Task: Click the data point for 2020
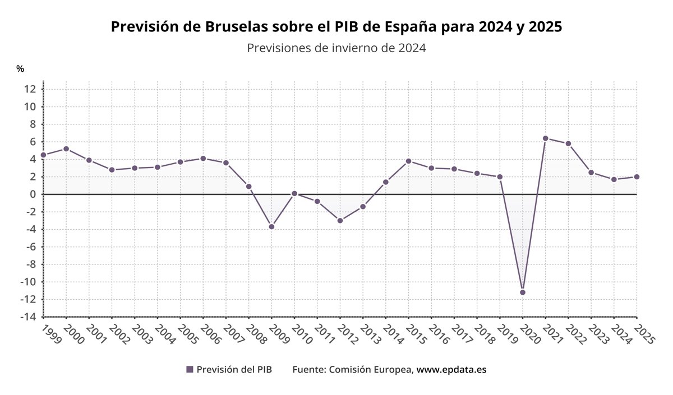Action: click(x=523, y=292)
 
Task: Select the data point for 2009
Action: click(x=271, y=226)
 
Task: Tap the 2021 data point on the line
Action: click(x=545, y=138)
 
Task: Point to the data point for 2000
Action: click(x=66, y=148)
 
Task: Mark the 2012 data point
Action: click(x=340, y=220)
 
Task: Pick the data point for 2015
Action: click(x=408, y=161)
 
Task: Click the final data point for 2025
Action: click(x=637, y=176)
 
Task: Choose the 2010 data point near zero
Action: click(x=294, y=193)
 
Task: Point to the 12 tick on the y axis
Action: click(x=30, y=89)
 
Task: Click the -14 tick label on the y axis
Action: click(x=29, y=317)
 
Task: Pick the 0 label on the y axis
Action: click(x=33, y=194)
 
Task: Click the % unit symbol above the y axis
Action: click(x=20, y=69)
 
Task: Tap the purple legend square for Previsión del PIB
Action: click(x=190, y=370)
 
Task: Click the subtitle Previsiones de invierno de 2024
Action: click(x=336, y=48)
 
